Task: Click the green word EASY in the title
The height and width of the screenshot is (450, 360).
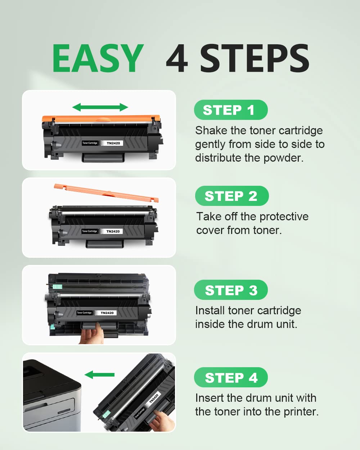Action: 98,58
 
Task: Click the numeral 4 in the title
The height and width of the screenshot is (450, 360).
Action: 177,59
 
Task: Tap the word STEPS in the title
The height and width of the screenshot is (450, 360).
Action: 255,59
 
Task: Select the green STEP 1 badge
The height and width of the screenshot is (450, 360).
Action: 230,110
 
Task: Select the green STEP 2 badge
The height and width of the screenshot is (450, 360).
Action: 231,196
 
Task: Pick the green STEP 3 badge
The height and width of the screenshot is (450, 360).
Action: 231,290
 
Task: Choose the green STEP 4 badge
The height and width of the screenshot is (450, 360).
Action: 231,377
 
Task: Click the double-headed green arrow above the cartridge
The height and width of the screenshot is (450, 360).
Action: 100,107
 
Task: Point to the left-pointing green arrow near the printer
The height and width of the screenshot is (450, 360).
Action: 99,375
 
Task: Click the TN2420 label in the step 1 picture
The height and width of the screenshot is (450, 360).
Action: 113,143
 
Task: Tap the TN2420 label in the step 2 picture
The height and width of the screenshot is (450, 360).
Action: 113,231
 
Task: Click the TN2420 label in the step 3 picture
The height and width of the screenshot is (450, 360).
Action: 107,313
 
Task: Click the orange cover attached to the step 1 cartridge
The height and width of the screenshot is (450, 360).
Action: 101,119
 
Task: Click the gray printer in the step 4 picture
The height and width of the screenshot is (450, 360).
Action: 50,396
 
